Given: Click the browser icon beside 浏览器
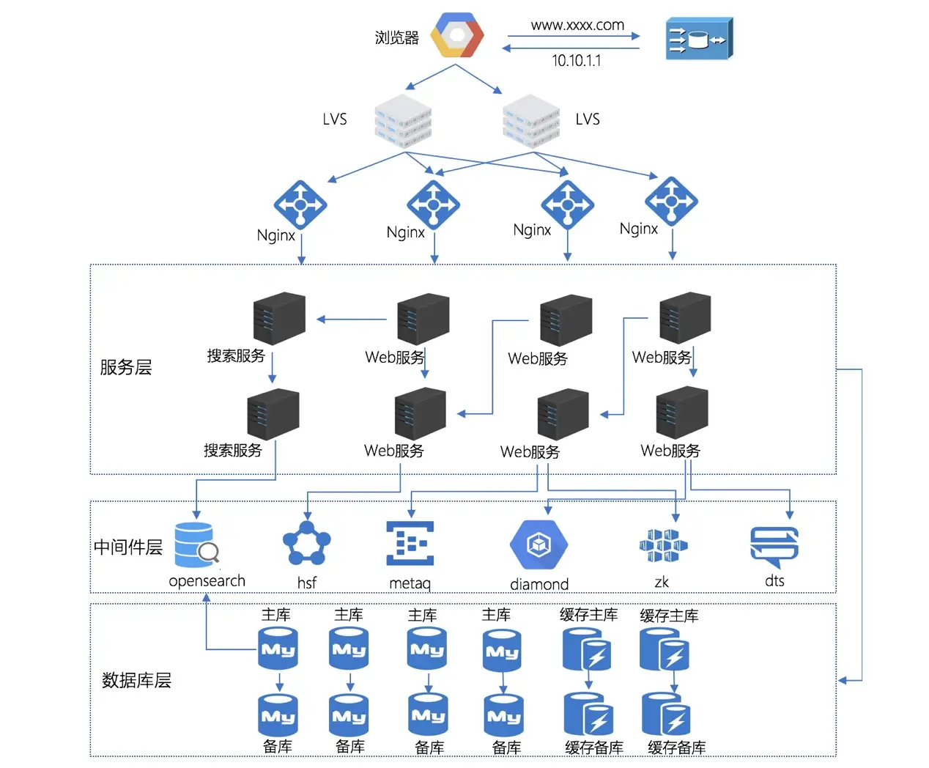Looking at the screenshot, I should point(457,35).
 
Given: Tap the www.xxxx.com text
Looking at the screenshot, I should point(577,25).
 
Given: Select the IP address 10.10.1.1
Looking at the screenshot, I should point(576,60).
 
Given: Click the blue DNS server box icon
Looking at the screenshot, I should point(698,38).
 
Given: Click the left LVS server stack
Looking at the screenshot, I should point(403,121).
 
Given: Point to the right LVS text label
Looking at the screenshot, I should point(588,119).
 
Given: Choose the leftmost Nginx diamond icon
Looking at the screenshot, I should point(300,204).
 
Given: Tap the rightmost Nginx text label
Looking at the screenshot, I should point(638,229).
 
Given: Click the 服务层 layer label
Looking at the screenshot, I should point(125,367).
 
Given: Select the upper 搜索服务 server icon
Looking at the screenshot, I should point(278,318).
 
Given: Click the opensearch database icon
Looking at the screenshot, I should point(196,545).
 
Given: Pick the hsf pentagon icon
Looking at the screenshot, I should point(306,544).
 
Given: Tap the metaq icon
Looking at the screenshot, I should point(410,543).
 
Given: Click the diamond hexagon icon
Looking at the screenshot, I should point(539,544).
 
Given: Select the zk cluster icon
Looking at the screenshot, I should point(663,546).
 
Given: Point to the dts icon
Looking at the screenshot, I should point(774,546).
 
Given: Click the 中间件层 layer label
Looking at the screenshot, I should point(127,547).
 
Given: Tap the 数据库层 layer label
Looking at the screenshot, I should point(136,680).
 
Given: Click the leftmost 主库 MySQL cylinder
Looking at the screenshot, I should point(278,649).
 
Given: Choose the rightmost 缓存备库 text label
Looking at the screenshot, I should point(676,747).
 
